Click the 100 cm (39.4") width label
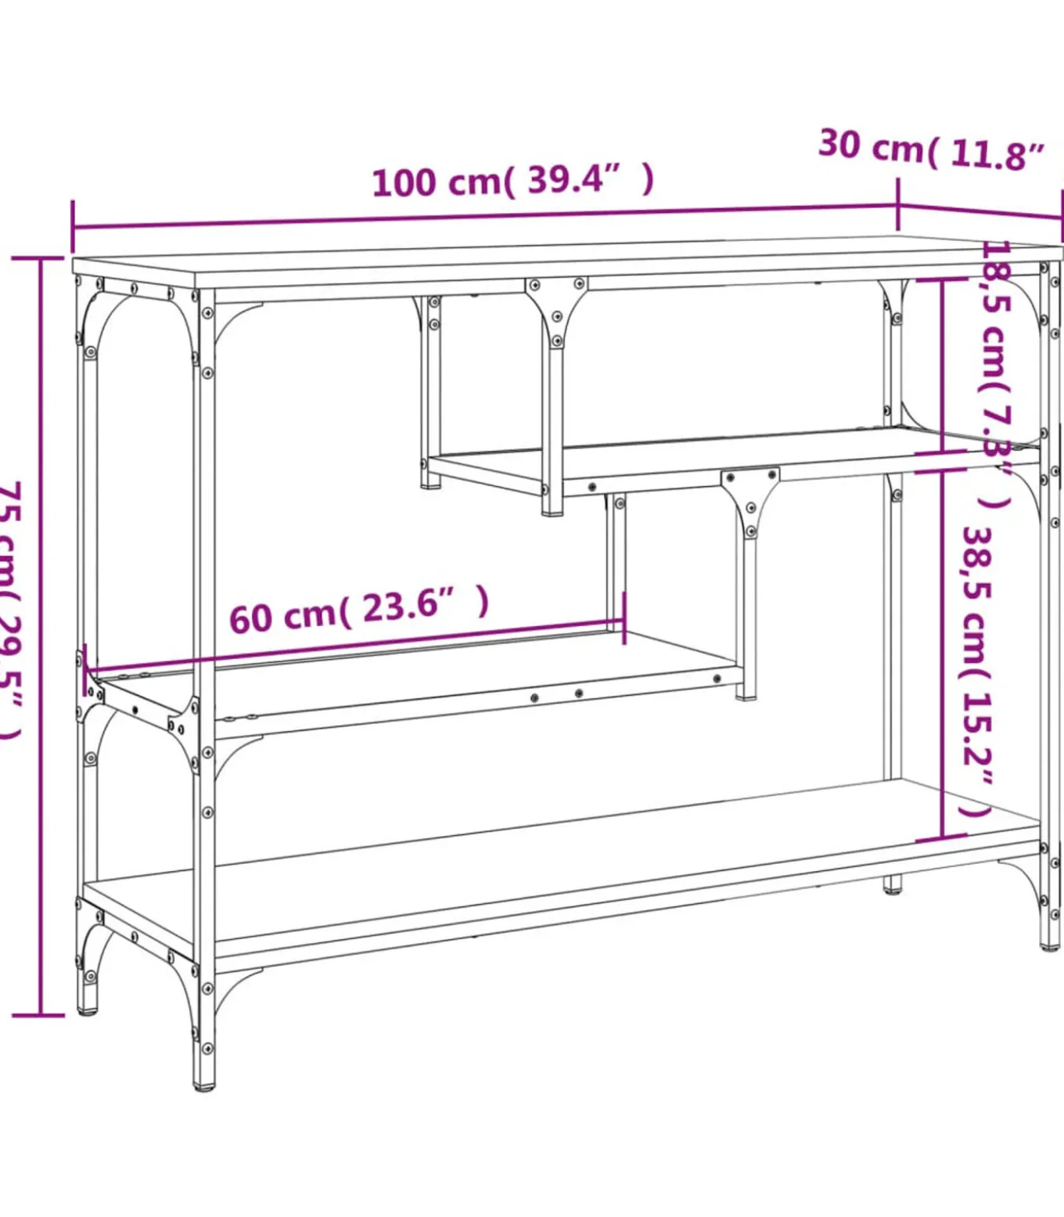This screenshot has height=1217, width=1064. pos(512,181)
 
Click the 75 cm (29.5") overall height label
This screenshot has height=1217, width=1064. pos(12,610)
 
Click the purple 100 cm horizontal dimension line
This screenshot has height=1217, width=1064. pos(485,217)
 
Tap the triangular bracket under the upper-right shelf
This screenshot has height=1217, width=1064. pos(750,501)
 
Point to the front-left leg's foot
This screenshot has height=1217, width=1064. pos(204,1084)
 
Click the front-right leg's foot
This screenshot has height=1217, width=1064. pos(1050,943)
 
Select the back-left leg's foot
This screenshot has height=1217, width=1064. pos(88,1010)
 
